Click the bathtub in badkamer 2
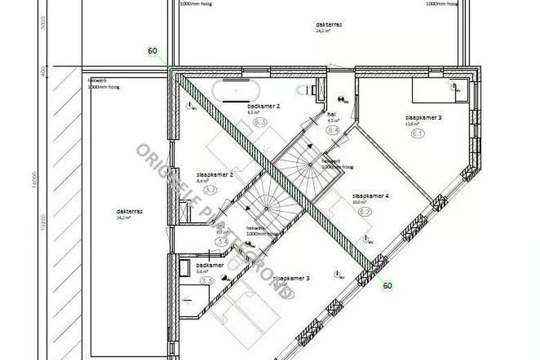(235, 90)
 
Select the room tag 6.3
(260, 123)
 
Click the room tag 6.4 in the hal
(332, 129)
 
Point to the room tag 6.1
(417, 133)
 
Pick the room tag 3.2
(211, 189)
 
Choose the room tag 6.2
(365, 211)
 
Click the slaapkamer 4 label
(370, 196)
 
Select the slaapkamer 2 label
(214, 174)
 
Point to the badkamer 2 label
(263, 107)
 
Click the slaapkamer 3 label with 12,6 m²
(423, 118)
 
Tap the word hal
(332, 114)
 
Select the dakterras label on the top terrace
(329, 24)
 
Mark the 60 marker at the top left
(152, 51)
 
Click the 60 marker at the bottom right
(387, 285)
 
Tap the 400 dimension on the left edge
(43, 71)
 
